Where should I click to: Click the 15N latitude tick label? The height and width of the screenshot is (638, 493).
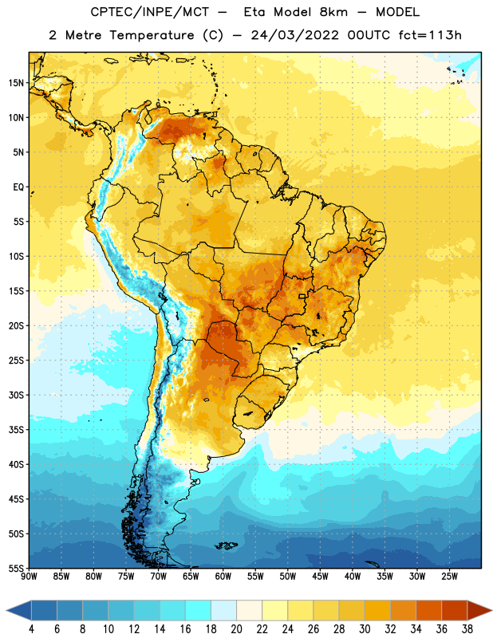pyautogui.click(x=16, y=83)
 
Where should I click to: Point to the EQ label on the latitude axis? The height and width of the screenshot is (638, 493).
pyautogui.click(x=18, y=187)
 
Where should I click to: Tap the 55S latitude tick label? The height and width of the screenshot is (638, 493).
pyautogui.click(x=16, y=568)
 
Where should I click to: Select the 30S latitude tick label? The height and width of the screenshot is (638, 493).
pyautogui.click(x=16, y=395)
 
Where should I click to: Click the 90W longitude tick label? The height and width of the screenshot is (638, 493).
pyautogui.click(x=29, y=577)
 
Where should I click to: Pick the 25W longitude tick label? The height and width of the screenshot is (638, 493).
pyautogui.click(x=449, y=577)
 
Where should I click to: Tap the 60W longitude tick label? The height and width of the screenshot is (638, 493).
pyautogui.click(x=223, y=577)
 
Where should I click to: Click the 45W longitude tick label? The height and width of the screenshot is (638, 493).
pyautogui.click(x=321, y=577)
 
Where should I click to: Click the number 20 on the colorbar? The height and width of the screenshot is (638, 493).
pyautogui.click(x=236, y=629)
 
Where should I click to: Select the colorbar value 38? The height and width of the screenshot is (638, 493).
pyautogui.click(x=467, y=629)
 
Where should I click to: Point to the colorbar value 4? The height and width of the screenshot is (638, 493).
pyautogui.click(x=31, y=629)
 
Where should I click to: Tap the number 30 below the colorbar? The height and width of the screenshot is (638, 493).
pyautogui.click(x=365, y=629)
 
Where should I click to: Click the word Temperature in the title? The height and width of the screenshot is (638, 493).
pyautogui.click(x=152, y=35)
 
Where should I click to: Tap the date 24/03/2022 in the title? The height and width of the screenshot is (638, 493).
pyautogui.click(x=294, y=35)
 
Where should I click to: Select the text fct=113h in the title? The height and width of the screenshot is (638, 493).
pyautogui.click(x=430, y=35)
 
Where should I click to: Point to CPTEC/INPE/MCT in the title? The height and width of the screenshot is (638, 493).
pyautogui.click(x=150, y=12)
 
